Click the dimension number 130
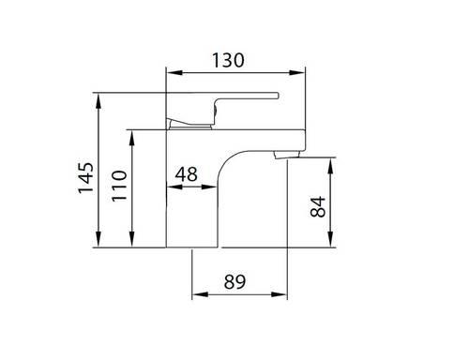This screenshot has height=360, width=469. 228,60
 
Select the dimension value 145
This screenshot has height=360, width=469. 86,178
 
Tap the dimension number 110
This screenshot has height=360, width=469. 119,186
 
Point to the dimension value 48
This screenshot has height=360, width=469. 186,174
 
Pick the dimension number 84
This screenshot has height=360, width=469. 318,206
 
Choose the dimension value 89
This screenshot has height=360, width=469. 234,281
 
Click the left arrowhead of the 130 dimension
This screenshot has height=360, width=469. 174,72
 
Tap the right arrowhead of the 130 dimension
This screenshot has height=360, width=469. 296,72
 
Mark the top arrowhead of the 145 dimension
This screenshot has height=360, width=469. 98,100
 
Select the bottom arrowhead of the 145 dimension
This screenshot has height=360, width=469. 98,239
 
